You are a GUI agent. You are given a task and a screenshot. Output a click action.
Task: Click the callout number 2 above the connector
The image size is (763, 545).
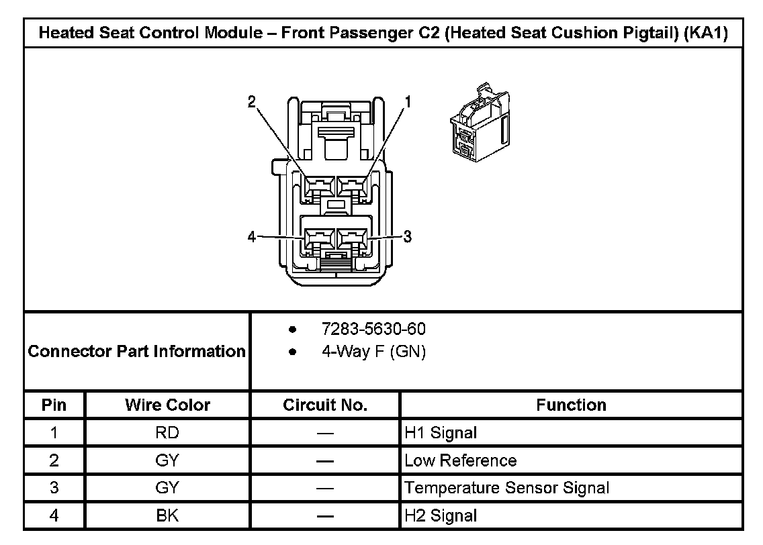251,102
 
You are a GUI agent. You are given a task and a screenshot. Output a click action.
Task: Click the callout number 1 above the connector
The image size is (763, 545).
407,102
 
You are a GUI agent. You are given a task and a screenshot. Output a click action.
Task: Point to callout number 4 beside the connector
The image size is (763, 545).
251,237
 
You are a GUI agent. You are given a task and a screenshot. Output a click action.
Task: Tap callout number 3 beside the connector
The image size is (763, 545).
407,236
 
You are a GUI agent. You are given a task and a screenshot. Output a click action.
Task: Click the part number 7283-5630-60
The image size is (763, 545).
373,330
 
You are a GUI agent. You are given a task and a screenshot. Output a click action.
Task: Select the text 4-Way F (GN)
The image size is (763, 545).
373,352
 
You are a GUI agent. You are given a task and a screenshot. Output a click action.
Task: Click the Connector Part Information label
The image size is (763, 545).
137,351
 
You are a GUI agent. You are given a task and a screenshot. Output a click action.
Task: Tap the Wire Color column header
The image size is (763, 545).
167,405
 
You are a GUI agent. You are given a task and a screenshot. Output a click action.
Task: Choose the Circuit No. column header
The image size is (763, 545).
325,405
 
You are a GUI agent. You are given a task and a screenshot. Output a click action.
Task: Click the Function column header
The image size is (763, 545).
571,405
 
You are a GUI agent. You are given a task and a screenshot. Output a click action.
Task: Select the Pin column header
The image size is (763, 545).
54,405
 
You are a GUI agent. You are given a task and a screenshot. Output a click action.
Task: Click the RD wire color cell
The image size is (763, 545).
167,433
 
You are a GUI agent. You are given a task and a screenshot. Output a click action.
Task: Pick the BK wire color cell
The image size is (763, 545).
167,516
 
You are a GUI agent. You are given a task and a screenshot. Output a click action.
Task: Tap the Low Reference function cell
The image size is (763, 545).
461,461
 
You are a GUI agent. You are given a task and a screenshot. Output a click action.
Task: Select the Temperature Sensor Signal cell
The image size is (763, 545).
507,489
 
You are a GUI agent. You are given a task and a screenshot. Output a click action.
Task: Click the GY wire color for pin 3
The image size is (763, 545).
167,489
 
